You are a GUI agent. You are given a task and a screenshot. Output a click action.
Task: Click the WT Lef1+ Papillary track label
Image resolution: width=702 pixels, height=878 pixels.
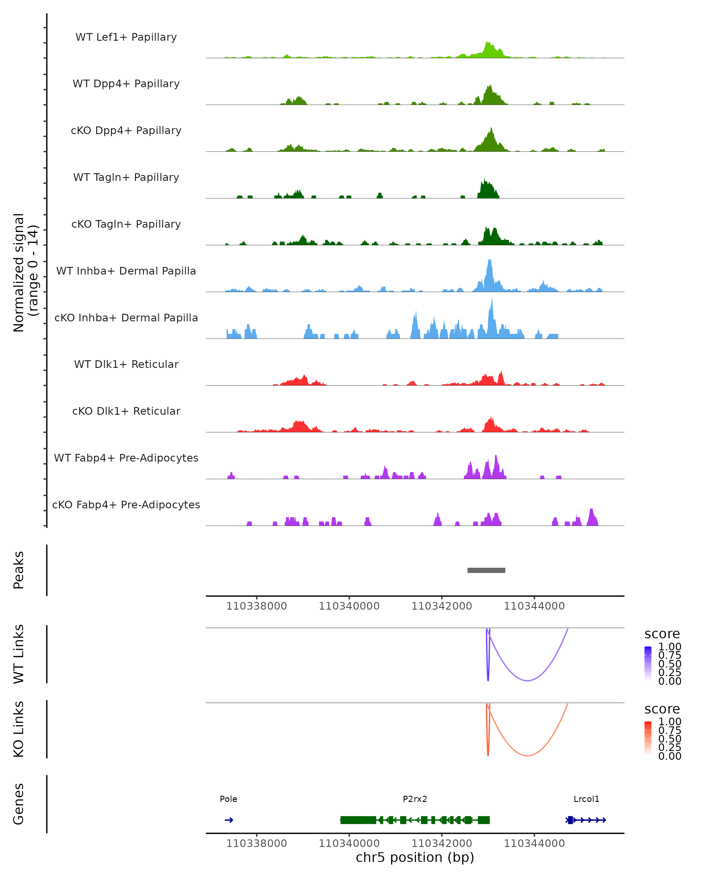point(126,37)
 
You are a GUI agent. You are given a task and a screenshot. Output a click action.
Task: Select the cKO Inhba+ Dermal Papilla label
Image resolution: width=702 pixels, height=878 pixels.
point(126,318)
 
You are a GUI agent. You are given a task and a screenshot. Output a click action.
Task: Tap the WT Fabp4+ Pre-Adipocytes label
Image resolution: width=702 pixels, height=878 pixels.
point(126,458)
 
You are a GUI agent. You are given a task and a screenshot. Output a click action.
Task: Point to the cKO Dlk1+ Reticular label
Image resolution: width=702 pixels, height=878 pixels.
point(126,411)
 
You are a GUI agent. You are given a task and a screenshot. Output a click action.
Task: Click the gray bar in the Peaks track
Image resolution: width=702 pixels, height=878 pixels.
point(486,570)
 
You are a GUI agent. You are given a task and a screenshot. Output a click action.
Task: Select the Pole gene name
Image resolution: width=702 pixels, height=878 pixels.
point(228,799)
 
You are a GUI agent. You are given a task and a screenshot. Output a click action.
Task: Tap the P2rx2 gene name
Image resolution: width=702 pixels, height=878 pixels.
point(415,799)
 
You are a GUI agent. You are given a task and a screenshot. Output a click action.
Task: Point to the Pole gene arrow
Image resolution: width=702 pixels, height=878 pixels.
point(229,820)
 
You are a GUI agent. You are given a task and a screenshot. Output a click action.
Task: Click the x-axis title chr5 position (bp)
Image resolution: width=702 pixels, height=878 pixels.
point(415,857)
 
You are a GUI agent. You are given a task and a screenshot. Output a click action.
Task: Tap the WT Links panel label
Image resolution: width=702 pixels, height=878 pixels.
point(19,654)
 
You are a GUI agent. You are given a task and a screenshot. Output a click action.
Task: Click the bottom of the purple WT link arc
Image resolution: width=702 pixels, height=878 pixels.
point(527,680)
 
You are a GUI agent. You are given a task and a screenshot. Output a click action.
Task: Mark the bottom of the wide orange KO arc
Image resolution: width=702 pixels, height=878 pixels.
point(527,755)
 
